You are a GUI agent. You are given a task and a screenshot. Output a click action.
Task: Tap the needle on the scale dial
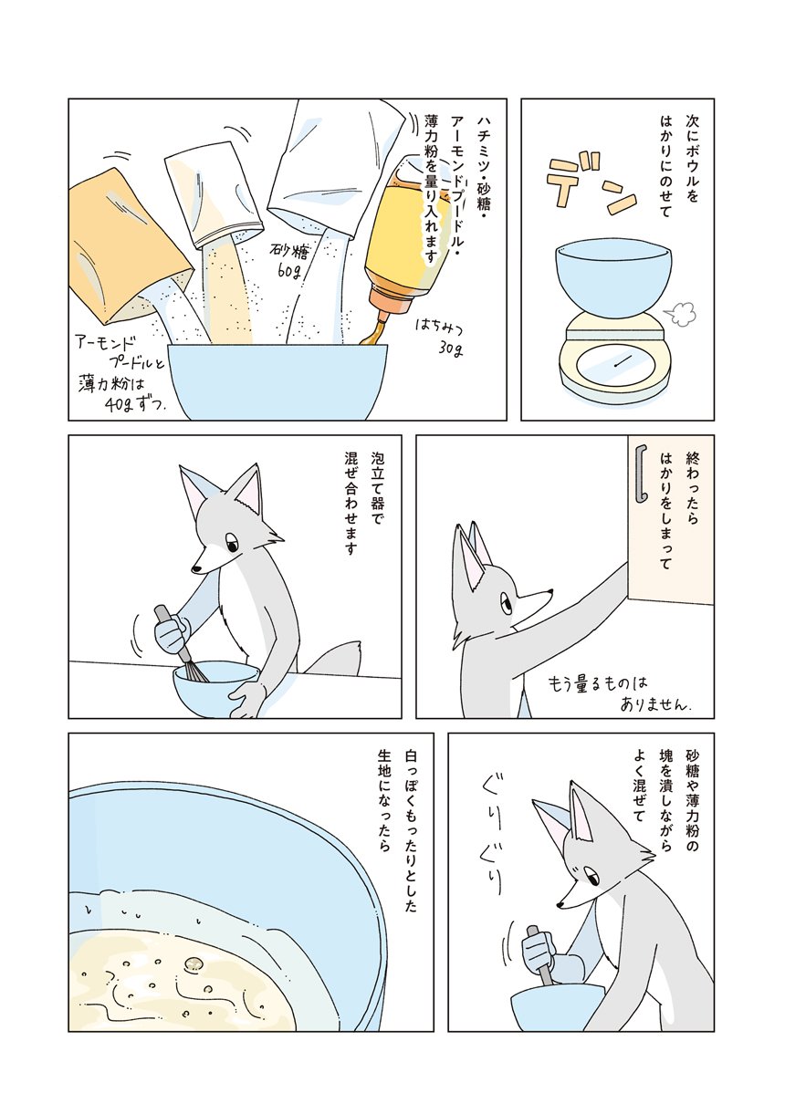623,363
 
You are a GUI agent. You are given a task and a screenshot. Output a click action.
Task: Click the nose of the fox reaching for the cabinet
549,591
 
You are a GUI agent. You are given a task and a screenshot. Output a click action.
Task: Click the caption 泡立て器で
377,495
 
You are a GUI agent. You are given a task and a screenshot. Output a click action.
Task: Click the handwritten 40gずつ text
134,405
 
